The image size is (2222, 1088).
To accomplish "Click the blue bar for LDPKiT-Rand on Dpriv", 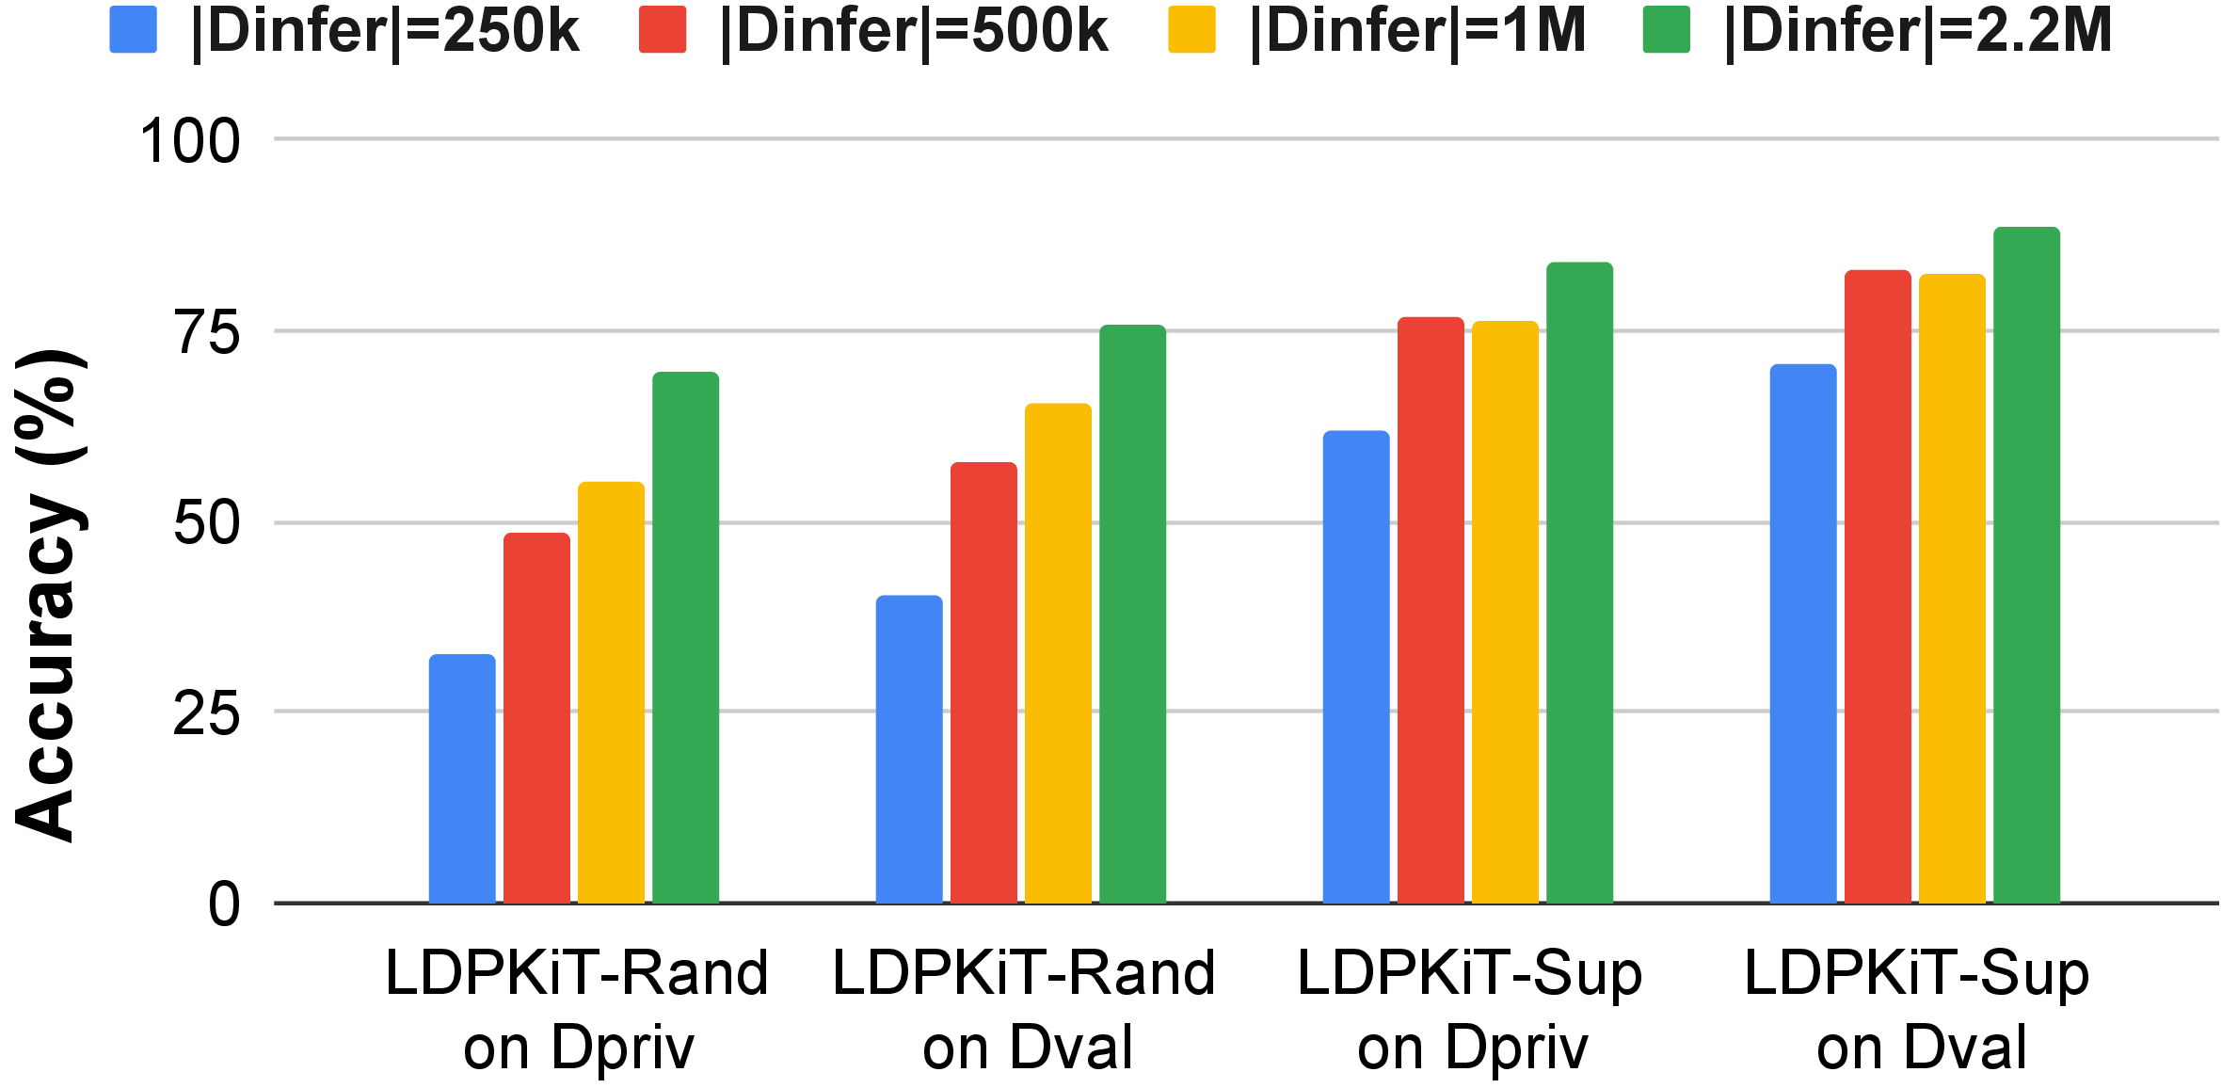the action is tap(462, 778).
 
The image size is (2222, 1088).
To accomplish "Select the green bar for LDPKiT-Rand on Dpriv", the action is tap(686, 637).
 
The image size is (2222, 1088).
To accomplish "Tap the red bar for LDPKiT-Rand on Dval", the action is tap(983, 682).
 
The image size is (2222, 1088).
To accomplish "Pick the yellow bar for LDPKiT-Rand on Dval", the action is tap(1058, 653).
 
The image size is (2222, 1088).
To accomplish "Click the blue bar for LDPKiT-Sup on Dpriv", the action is tap(1356, 666).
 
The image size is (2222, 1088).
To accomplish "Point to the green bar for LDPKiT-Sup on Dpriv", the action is tap(1580, 583).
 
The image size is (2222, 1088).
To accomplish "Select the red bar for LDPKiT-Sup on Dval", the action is tap(1878, 586).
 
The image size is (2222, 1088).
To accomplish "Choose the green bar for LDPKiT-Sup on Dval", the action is tap(2027, 565).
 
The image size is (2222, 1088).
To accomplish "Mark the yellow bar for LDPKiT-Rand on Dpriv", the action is tap(612, 693).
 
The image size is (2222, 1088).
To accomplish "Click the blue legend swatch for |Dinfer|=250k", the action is tap(134, 29).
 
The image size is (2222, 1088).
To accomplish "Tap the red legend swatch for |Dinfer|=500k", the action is tap(663, 29).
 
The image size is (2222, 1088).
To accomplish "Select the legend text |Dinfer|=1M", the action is tap(1417, 30).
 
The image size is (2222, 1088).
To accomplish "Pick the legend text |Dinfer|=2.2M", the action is tap(1918, 30).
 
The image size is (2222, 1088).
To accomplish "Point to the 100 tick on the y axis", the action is tap(190, 141).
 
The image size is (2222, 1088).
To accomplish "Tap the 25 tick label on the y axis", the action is tap(207, 713).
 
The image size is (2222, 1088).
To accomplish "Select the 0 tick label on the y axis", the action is tap(225, 904).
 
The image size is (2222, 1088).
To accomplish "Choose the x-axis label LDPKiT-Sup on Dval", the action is tap(1916, 1010).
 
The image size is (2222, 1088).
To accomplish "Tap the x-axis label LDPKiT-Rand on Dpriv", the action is tap(577, 1010).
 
